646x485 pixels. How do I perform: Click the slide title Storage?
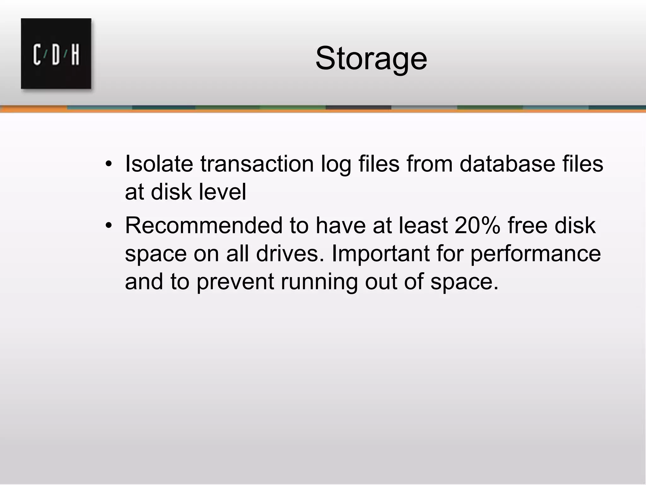tap(371, 59)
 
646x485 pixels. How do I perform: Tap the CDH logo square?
tap(56, 53)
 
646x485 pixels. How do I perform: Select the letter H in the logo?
tap(75, 55)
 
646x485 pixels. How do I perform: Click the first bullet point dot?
tap(109, 164)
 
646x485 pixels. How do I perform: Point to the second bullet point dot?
tap(109, 226)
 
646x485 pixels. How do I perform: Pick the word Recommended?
tap(204, 225)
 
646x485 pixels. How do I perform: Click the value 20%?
tap(477, 225)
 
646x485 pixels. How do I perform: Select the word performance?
tap(536, 254)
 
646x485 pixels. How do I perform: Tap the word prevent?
tap(235, 282)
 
